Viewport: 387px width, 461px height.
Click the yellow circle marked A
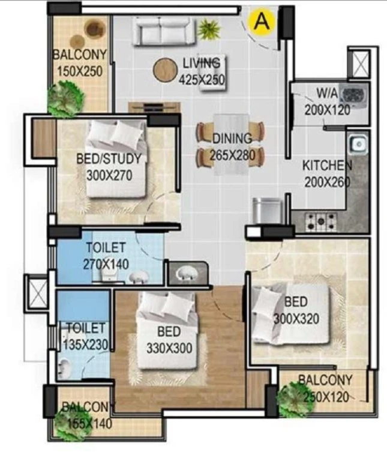(x=262, y=21)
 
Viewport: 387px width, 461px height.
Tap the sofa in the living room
(x=163, y=31)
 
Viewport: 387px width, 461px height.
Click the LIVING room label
(x=201, y=62)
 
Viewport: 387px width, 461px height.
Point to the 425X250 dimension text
(x=202, y=79)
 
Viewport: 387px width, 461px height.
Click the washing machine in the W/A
(x=354, y=95)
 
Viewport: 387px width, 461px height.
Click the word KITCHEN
(x=327, y=166)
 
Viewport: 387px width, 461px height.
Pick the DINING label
(x=232, y=138)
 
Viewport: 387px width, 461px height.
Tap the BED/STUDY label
(x=109, y=158)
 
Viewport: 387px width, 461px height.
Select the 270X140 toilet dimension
(x=106, y=264)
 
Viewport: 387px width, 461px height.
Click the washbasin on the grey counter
(x=187, y=274)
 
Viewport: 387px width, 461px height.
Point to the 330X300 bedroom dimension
(x=169, y=348)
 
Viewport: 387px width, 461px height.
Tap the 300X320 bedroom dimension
(x=296, y=318)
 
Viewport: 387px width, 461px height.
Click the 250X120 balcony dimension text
(x=326, y=397)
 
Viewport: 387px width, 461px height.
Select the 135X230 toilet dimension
(x=85, y=345)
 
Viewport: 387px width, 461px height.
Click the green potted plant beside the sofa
(x=209, y=29)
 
